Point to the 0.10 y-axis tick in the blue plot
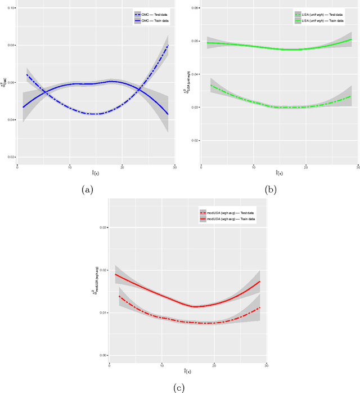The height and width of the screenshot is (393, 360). pos(12,8)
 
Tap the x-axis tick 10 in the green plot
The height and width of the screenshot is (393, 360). pos(254,167)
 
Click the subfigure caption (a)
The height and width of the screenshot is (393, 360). pos(87,190)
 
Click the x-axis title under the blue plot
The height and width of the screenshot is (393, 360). pos(96,173)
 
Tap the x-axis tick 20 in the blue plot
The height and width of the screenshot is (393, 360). pos(122,167)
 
